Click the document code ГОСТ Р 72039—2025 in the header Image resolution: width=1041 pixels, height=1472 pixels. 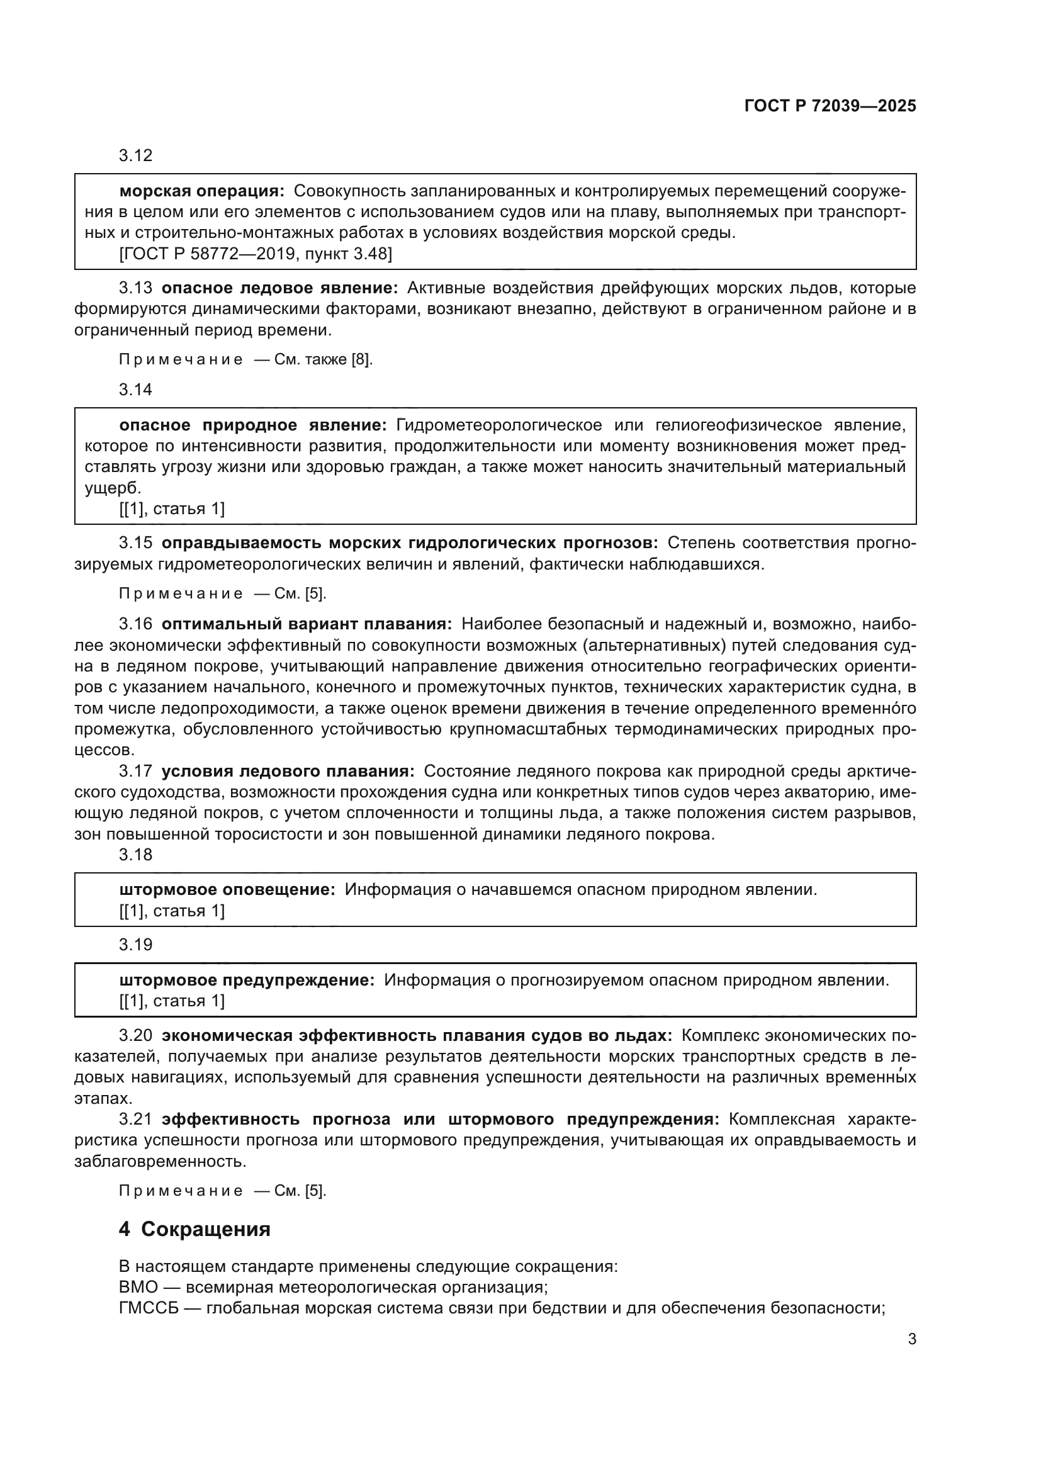830,106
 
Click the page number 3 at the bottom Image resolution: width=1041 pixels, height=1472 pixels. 911,1339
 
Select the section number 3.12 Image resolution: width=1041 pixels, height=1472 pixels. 135,156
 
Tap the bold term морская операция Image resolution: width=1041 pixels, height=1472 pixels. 202,191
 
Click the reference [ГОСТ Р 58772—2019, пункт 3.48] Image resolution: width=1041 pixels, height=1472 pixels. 255,254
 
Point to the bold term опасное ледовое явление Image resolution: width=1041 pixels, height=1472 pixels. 279,288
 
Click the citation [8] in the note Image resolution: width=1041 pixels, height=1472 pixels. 361,360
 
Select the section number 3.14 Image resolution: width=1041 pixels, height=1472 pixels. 135,390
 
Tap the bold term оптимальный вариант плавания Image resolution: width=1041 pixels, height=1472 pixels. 307,624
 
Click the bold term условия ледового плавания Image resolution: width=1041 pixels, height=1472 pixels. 288,771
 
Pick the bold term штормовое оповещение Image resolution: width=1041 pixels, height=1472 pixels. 227,890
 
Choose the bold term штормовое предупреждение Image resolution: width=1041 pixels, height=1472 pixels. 247,980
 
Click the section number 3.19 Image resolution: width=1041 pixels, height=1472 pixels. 135,945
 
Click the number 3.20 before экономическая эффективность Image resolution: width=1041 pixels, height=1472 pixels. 135,1035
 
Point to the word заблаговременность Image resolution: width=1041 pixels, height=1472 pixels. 160,1162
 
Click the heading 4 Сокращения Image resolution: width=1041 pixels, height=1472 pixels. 194,1229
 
